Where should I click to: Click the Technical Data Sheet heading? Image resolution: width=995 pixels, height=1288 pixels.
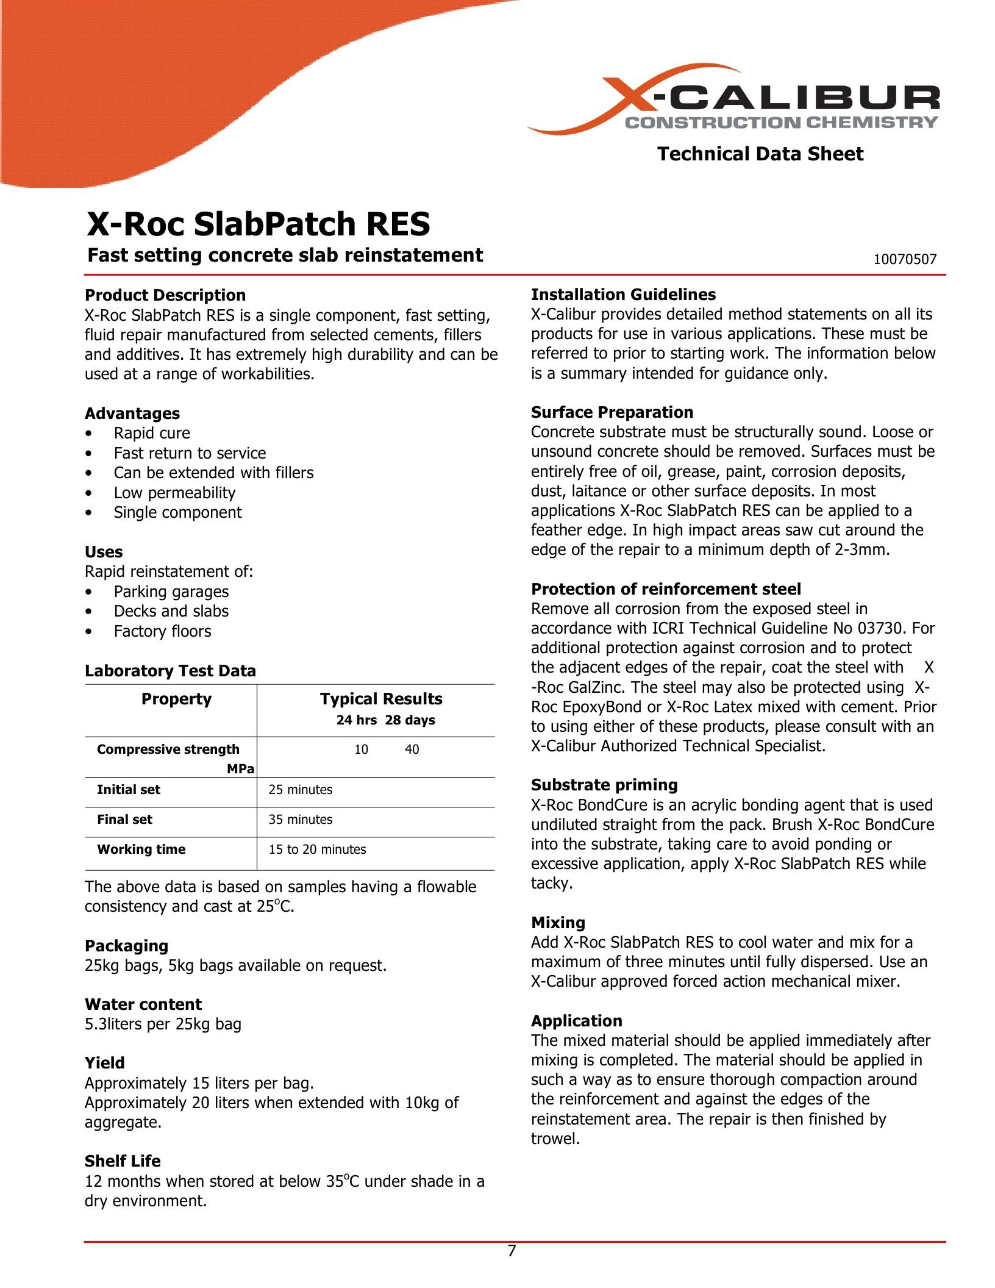pyautogui.click(x=760, y=154)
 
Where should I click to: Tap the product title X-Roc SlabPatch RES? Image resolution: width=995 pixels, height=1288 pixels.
pyautogui.click(x=259, y=224)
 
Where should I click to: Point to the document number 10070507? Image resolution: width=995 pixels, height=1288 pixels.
pyautogui.click(x=905, y=259)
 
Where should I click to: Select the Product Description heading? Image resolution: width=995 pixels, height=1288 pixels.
pyautogui.click(x=165, y=295)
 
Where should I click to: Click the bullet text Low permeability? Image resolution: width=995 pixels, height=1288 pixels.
pyautogui.click(x=174, y=493)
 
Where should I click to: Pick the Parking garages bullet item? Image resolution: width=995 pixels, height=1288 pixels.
pyautogui.click(x=171, y=592)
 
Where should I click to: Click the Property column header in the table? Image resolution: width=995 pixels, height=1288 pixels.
pyautogui.click(x=176, y=699)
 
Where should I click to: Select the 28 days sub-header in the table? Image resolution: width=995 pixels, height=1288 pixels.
pyautogui.click(x=410, y=720)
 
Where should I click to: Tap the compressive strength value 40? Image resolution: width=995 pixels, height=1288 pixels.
pyautogui.click(x=412, y=750)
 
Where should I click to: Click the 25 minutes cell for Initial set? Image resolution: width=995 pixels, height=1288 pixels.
pyautogui.click(x=301, y=790)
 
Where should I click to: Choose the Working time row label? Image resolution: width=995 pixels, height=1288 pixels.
pyautogui.click(x=141, y=850)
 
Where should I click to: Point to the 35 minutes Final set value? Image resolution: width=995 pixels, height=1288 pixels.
pyautogui.click(x=301, y=820)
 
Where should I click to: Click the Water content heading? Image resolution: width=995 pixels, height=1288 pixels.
pyautogui.click(x=143, y=1004)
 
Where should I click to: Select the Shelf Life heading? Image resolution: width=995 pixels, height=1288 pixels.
pyautogui.click(x=123, y=1161)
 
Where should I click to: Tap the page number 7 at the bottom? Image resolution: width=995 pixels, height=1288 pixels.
pyautogui.click(x=512, y=1251)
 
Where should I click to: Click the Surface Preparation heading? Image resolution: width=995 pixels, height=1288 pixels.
pyautogui.click(x=612, y=412)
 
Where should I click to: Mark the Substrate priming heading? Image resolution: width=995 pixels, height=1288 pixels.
pyautogui.click(x=604, y=785)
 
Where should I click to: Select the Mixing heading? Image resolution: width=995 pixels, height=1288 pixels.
pyautogui.click(x=558, y=923)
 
